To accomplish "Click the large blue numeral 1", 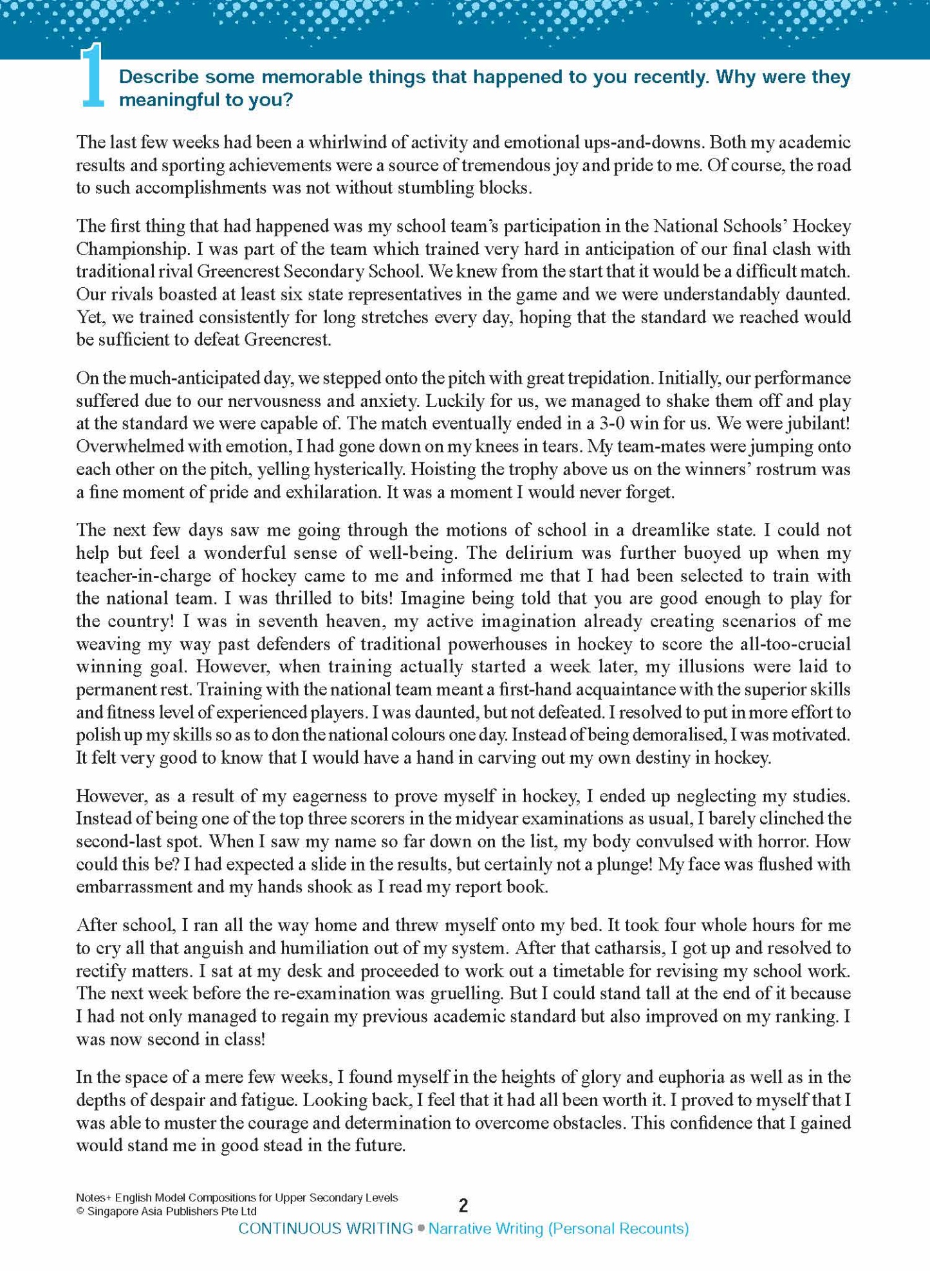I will click(x=91, y=76).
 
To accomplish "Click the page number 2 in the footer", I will click(x=463, y=1205).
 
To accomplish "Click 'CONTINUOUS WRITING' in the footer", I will click(x=326, y=1229).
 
